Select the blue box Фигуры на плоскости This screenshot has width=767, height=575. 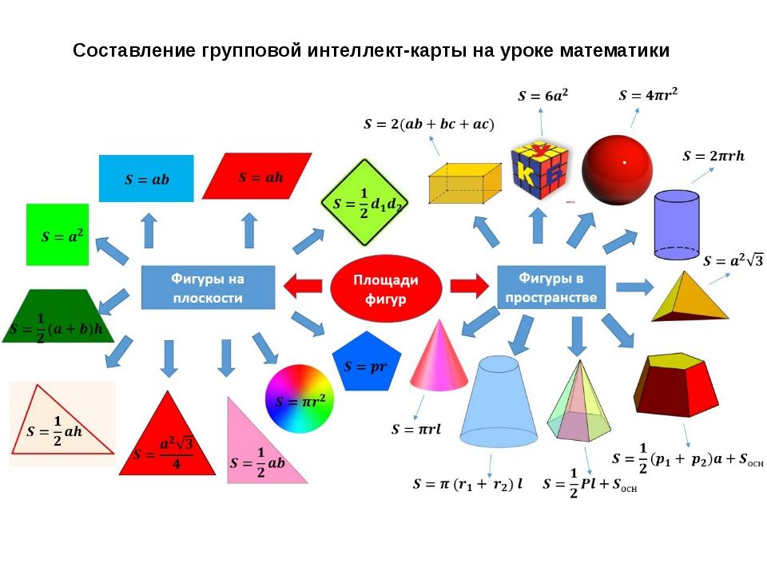(x=208, y=287)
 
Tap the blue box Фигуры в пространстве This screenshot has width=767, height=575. (x=551, y=287)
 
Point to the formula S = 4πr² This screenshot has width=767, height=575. (x=648, y=95)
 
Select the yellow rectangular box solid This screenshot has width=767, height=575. (x=464, y=184)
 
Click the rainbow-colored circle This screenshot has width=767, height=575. (x=300, y=399)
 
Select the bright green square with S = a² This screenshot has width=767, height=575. (x=57, y=235)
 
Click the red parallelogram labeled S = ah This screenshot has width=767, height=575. (x=256, y=176)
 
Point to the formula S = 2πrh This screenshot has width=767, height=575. (x=713, y=157)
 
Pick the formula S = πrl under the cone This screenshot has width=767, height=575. (x=415, y=430)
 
